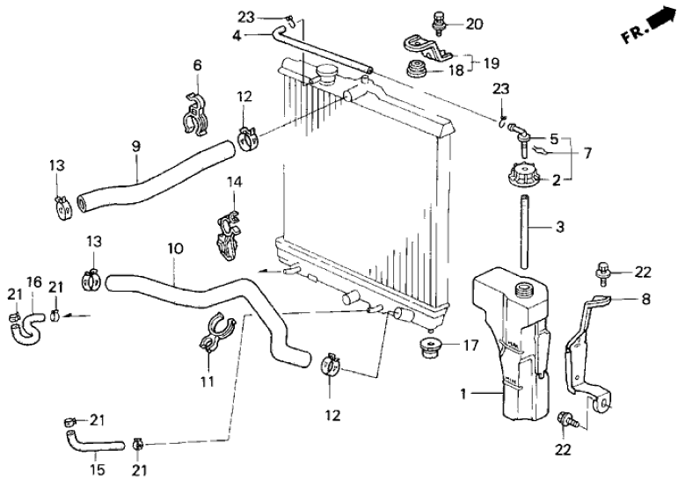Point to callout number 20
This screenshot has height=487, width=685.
coord(475,24)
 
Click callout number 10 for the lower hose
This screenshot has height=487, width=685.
coord(175,249)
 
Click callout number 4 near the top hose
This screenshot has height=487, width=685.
coord(237,35)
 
